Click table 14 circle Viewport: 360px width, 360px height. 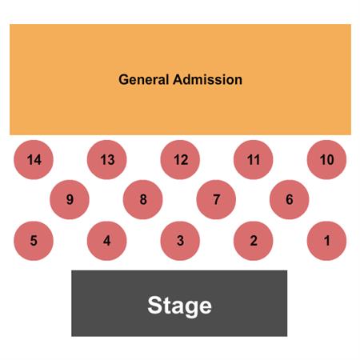point(34,160)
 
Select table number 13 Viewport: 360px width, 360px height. point(107,160)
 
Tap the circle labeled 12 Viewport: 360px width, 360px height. point(180,160)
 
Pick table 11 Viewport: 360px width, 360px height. point(254,160)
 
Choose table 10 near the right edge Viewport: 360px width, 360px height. point(326,160)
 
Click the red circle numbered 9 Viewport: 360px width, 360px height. point(70,199)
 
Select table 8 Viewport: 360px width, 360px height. point(142,199)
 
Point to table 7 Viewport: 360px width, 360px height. point(216,199)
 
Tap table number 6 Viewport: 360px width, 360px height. point(290,199)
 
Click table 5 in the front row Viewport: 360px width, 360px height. point(34,241)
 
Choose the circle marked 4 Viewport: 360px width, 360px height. point(107,241)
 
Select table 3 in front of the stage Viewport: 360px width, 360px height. point(180,241)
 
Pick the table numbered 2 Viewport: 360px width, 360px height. point(254,241)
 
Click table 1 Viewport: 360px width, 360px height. point(326,241)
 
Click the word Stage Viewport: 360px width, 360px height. point(179,306)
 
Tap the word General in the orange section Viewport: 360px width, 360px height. point(144,79)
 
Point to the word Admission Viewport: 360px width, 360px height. point(208,79)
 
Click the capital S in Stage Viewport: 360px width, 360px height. point(155,305)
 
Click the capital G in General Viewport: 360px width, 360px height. point(124,79)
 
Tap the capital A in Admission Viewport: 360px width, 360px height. point(178,79)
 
